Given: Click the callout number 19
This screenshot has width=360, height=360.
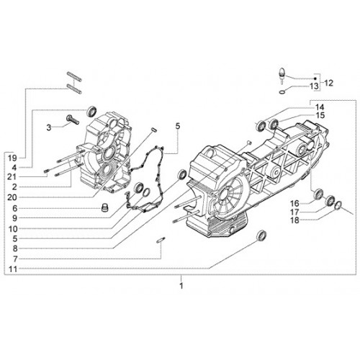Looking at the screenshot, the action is [x=12, y=158].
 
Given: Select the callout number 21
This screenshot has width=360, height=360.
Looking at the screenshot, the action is [x=12, y=177].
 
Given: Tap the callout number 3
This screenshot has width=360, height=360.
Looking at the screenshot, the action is [x=49, y=127].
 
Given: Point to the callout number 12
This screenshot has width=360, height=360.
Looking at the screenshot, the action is [x=328, y=83].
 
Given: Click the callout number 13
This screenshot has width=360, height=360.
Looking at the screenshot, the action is [x=314, y=86].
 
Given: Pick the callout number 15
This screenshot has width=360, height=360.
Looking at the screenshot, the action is [x=320, y=115].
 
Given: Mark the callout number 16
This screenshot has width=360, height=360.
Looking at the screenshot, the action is [x=295, y=204].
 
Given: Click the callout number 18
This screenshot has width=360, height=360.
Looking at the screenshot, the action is [x=295, y=220].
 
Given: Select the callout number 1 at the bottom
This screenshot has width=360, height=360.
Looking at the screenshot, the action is [x=181, y=286].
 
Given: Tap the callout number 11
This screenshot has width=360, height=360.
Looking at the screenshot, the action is [x=13, y=269].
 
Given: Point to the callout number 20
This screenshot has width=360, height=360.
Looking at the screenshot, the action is [x=12, y=197].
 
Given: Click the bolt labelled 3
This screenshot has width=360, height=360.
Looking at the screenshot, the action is [x=73, y=120].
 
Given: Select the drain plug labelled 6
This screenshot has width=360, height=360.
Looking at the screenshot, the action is [x=104, y=207].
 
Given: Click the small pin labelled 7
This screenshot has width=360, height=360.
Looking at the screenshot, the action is [x=161, y=240].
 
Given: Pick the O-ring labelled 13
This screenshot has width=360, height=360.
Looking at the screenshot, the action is [x=282, y=91].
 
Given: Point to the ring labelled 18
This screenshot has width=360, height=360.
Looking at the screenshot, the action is [x=338, y=204].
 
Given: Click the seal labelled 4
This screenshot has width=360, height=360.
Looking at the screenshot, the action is [x=91, y=111].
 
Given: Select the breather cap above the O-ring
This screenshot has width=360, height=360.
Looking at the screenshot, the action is [x=282, y=76].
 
